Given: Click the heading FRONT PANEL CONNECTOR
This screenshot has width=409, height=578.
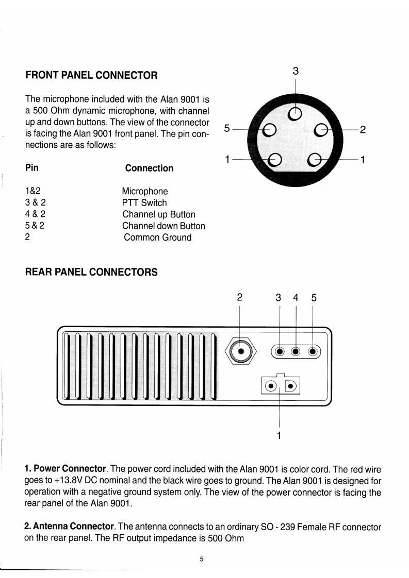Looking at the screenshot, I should tap(91, 75).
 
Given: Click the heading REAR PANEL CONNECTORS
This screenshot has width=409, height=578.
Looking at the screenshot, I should tap(91, 272).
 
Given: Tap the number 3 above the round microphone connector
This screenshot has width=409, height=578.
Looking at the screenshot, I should tap(296, 72).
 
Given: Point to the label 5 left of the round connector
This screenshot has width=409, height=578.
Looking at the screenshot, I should tap(227, 129).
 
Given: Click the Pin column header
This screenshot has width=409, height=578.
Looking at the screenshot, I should tap(31, 167).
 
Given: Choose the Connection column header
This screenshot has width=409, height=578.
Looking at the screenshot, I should tap(149, 168).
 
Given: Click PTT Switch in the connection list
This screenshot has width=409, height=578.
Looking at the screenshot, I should tap(144, 203).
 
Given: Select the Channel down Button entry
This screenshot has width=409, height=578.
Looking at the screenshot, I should tap(163, 226).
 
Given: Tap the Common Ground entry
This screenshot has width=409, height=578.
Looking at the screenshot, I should tap(157, 237).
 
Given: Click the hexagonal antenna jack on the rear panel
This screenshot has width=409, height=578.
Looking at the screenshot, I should tap(240, 352).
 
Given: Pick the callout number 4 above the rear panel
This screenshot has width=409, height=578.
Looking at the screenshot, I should tap(296, 297).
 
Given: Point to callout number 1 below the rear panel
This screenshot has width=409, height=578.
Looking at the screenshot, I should tap(279, 436).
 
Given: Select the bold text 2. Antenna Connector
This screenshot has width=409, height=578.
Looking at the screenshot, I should tap(69, 526).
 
